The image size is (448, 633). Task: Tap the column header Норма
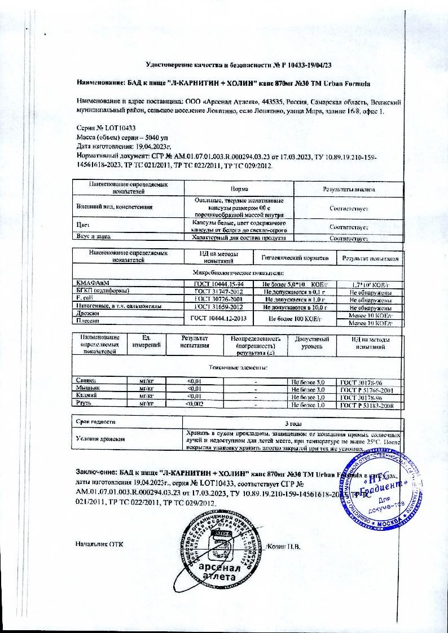[x=239, y=189]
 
